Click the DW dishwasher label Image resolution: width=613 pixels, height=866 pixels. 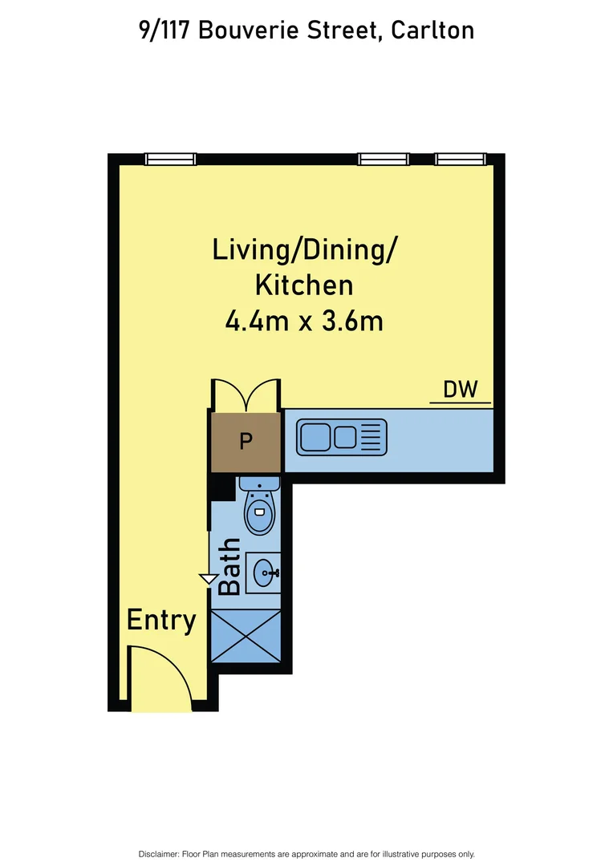coord(461,391)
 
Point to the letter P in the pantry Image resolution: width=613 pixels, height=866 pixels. coord(246,440)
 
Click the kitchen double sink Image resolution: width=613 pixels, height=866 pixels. coord(329,437)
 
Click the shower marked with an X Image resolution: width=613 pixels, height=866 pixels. coord(246,636)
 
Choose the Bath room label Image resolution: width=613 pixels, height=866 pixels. coord(229,566)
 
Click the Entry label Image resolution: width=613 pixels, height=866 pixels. coord(161,620)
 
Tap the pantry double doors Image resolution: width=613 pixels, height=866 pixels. coord(246,394)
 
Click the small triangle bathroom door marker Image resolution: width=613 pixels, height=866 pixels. coord(209,579)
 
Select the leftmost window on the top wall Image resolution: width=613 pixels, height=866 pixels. coord(170,160)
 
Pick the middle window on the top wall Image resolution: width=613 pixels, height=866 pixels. coord(384,160)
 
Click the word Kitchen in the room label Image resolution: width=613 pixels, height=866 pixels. coord(304,285)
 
